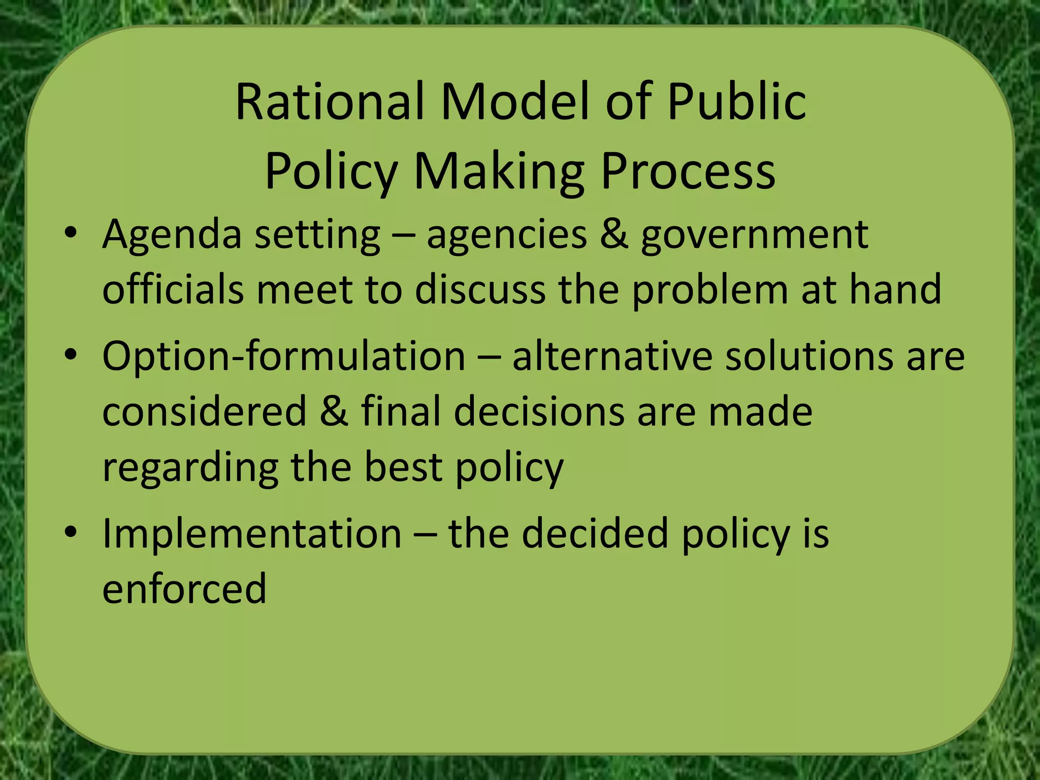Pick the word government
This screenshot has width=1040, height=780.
pyautogui.click(x=754, y=236)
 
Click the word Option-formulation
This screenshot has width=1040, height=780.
pyautogui.click(x=284, y=356)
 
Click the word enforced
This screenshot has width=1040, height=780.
pyautogui.click(x=184, y=589)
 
